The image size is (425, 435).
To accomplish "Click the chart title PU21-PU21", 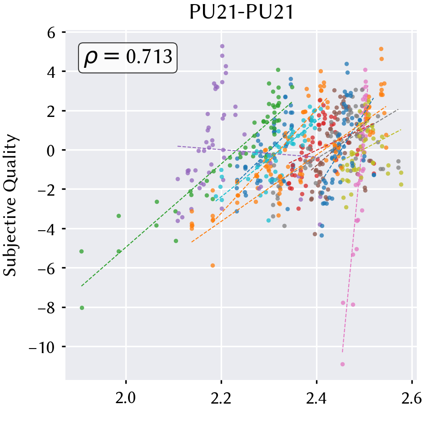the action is point(242,12).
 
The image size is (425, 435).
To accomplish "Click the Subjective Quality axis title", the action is point(10,205).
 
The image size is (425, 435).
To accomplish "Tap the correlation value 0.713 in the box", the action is point(149,57).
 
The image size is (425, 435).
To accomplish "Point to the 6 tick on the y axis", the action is point(51,33).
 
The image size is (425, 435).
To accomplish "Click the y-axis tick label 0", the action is point(51,151).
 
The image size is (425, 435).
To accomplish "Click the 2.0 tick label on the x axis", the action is point(126,399).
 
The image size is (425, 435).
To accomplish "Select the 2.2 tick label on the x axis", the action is point(221,399).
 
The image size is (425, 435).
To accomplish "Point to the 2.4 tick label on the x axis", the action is point(316,399).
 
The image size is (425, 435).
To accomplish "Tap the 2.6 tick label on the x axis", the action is point(412,399).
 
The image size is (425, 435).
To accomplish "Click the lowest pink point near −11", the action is point(342,364).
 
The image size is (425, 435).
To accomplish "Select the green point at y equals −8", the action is point(82,308).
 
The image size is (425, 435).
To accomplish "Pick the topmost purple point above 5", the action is point(222,46).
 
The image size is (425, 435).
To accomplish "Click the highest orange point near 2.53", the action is point(381,49).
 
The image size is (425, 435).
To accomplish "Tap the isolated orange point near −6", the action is point(212,265).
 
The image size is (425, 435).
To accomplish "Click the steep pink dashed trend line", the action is point(355,219).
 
